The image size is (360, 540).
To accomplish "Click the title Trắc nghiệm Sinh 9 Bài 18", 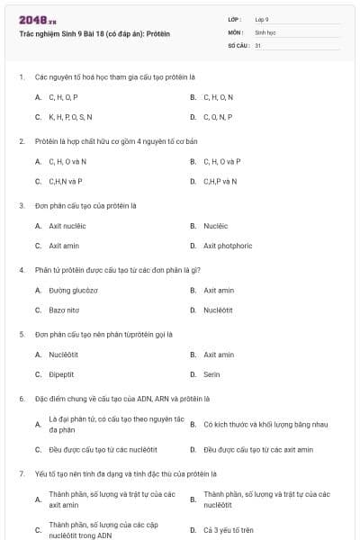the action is click(94, 33).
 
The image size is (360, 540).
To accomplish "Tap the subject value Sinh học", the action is click(265, 31).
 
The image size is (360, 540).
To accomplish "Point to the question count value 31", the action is click(258, 44).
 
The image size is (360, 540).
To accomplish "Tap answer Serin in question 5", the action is click(211, 373).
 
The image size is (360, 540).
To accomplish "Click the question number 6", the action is click(22, 398).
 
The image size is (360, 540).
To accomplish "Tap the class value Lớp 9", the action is click(262, 18).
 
